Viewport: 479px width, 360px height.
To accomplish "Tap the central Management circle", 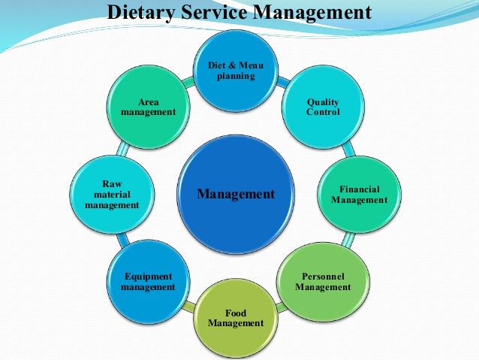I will point(236,194).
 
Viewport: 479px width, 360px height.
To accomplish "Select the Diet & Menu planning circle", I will point(236,71).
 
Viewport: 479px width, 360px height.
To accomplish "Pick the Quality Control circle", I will point(323,107).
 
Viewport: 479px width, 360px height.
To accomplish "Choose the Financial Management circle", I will point(359,195).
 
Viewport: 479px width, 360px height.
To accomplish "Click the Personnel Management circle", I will point(323,281).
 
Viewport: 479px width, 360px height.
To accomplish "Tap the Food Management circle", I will point(236,317).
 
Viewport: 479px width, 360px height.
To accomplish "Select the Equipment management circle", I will point(148,281).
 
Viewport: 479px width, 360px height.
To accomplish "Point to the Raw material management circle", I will point(112,194).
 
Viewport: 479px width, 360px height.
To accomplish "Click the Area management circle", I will point(148,107).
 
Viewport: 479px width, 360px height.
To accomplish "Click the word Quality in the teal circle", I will point(323,102).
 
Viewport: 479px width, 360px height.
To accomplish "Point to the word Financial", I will point(360,189).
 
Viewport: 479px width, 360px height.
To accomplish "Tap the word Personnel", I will point(323,276).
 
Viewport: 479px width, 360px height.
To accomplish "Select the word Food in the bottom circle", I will point(236,313).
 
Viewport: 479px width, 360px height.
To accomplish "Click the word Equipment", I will point(148,277).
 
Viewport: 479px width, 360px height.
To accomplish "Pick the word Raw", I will point(112,183).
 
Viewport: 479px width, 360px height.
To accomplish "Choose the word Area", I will point(148,101).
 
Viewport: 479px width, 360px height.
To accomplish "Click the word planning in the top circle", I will point(236,76).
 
